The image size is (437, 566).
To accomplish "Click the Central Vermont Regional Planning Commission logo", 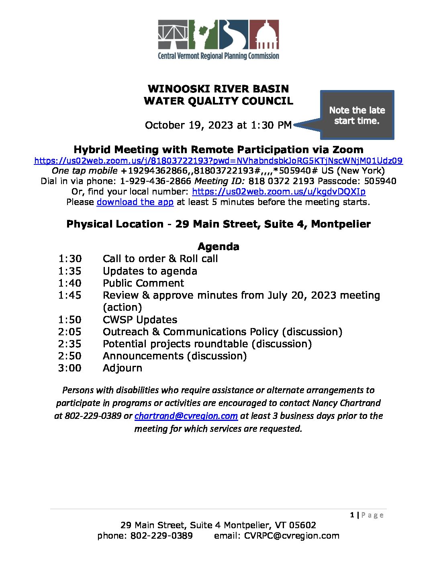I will (x=218, y=40).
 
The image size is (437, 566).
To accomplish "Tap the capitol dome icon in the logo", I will (x=264, y=35).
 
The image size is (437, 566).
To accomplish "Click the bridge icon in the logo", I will (x=173, y=34).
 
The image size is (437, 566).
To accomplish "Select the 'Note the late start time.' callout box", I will (x=357, y=115).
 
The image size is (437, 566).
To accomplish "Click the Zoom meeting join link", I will (x=218, y=161).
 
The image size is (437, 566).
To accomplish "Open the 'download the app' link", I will (x=135, y=202).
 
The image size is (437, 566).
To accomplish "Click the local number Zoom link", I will (x=279, y=191).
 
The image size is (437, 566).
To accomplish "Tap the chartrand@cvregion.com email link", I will (x=186, y=416).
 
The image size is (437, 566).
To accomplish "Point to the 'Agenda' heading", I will (x=218, y=246).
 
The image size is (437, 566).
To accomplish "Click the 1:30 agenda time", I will (x=69, y=259).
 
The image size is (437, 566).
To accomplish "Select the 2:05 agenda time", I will (x=69, y=332).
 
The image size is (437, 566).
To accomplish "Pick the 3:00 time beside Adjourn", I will (x=69, y=368).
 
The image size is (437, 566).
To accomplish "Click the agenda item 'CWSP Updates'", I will (x=140, y=320).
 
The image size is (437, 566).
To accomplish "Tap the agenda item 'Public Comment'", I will (x=143, y=283).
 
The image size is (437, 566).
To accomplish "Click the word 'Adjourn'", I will (x=123, y=368).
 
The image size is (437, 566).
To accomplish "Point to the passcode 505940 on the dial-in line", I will (x=380, y=181).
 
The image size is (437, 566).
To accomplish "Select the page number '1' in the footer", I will (x=352, y=515).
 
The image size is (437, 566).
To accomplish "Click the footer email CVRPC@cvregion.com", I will (x=292, y=536).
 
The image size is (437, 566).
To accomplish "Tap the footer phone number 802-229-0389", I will (x=161, y=536).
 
